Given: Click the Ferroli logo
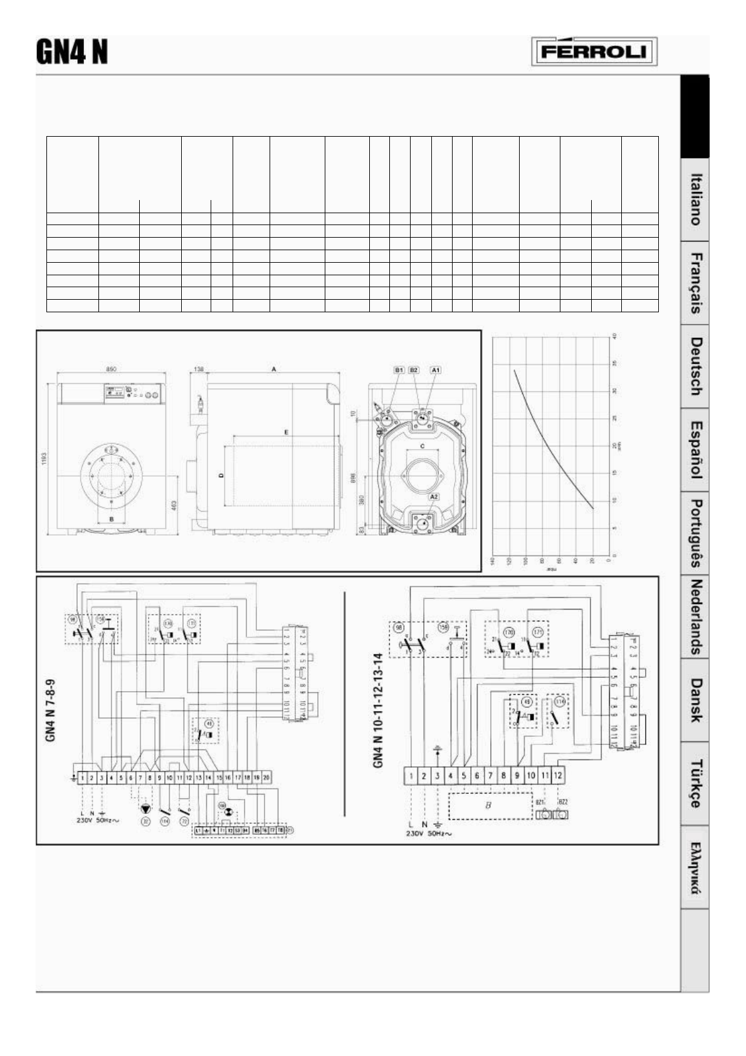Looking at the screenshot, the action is click(x=594, y=52).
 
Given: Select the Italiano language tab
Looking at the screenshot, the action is click(x=695, y=199).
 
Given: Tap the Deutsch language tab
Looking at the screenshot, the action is click(x=695, y=367).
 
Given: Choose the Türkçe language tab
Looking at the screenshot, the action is click(x=695, y=783).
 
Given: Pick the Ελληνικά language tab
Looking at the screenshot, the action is click(x=695, y=867).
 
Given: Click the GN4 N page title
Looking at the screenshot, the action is click(x=71, y=52).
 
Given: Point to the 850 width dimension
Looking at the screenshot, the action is click(x=112, y=370).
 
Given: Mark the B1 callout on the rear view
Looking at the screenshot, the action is click(x=399, y=371).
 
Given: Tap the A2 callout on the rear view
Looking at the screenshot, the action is click(x=433, y=497).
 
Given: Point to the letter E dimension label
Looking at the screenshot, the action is click(x=286, y=433).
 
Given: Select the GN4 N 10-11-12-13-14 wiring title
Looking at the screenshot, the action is click(x=377, y=719).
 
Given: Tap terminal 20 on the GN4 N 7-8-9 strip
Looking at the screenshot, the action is click(x=266, y=778).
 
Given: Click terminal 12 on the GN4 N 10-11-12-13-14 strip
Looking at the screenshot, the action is click(x=558, y=776).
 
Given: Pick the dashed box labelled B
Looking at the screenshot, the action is click(x=489, y=806).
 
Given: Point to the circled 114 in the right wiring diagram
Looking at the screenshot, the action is click(x=560, y=702).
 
